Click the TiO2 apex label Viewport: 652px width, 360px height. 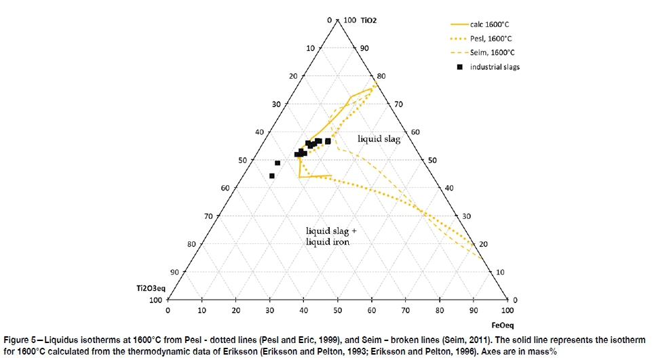pyautogui.click(x=368, y=20)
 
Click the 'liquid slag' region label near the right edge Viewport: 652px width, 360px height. pyautogui.click(x=379, y=139)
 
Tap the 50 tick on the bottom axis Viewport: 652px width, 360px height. pyautogui.click(x=337, y=311)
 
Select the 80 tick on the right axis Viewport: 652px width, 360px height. pyautogui.click(x=381, y=76)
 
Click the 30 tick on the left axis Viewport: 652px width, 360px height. pyautogui.click(x=276, y=104)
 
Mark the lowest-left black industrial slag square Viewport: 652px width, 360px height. pyautogui.click(x=272, y=176)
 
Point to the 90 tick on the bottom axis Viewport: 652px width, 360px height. pyautogui.click(x=474, y=311)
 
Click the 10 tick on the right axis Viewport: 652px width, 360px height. pyautogui.click(x=499, y=271)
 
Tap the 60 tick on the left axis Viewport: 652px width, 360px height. pyautogui.click(x=225, y=188)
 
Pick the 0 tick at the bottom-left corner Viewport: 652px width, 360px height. pyautogui.click(x=168, y=311)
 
